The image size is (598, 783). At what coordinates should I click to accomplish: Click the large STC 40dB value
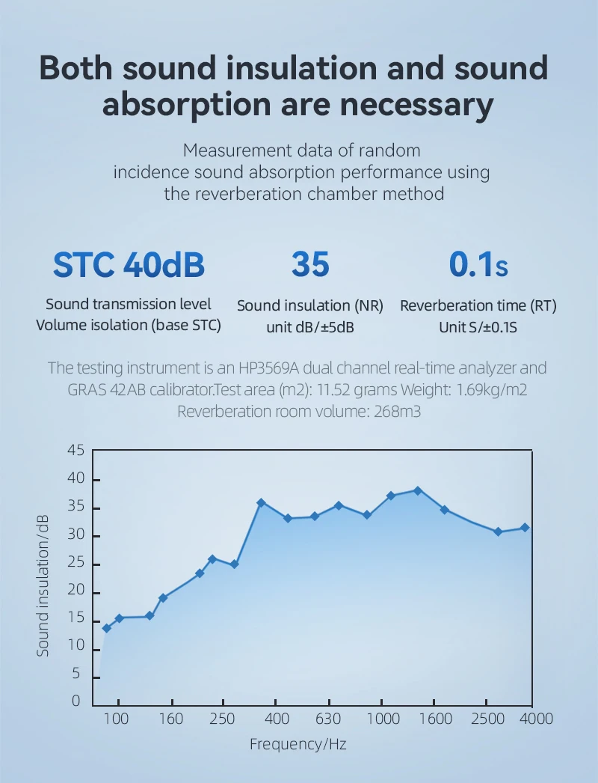(x=129, y=264)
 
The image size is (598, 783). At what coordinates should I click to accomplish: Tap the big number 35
(x=310, y=264)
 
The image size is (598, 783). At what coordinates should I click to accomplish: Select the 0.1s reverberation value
(x=478, y=264)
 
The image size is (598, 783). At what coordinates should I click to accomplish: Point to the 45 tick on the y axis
(x=76, y=451)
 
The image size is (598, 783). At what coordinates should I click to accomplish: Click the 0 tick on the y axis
(x=76, y=701)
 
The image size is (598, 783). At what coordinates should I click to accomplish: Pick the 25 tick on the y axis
(x=76, y=564)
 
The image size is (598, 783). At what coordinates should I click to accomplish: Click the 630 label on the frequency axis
(x=328, y=719)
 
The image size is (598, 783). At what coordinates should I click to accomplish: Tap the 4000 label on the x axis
(x=536, y=719)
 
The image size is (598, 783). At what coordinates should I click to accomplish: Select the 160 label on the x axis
(x=171, y=719)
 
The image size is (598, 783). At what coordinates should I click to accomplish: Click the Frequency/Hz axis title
(x=298, y=744)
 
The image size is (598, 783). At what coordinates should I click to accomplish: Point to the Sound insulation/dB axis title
(x=43, y=585)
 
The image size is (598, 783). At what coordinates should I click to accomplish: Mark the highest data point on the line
(x=418, y=491)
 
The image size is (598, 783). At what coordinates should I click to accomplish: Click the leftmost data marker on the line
(x=107, y=628)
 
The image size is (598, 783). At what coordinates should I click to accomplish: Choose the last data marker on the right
(x=525, y=528)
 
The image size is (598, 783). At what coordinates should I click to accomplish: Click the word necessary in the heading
(x=422, y=104)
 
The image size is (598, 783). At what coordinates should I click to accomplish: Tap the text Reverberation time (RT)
(x=478, y=305)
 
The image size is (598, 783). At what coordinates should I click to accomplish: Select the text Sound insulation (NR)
(x=310, y=305)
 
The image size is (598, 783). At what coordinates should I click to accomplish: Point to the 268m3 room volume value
(x=393, y=411)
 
